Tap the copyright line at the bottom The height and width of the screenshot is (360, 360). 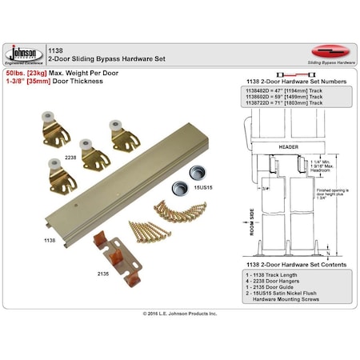point(179,314)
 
